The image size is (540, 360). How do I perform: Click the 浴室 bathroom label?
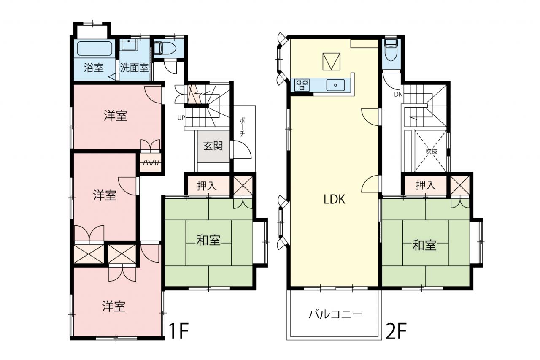click(x=94, y=68)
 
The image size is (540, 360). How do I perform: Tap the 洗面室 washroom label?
click(x=134, y=68)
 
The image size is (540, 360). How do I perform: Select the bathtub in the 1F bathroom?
click(x=95, y=48)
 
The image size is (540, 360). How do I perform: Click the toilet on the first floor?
click(x=165, y=49)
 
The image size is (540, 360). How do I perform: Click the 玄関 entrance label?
click(x=213, y=146)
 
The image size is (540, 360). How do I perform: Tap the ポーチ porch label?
click(x=242, y=127)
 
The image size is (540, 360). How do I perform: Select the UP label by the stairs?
click(x=181, y=118)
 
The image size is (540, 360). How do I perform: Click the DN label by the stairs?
click(x=399, y=94)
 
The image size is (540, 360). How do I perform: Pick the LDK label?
click(x=335, y=199)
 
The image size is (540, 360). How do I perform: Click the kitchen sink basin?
click(x=335, y=85)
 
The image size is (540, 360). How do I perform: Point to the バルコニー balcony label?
click(x=335, y=314)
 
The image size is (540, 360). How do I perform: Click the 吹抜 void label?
click(x=431, y=151)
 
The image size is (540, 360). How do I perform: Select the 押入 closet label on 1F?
click(x=207, y=186)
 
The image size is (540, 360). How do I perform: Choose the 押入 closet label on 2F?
click(x=426, y=185)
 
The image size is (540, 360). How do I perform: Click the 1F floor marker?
click(x=178, y=331)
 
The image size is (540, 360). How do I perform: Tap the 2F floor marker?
click(x=396, y=331)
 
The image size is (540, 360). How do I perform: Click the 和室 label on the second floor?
click(x=424, y=245)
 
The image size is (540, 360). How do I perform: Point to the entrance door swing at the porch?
click(x=241, y=149)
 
